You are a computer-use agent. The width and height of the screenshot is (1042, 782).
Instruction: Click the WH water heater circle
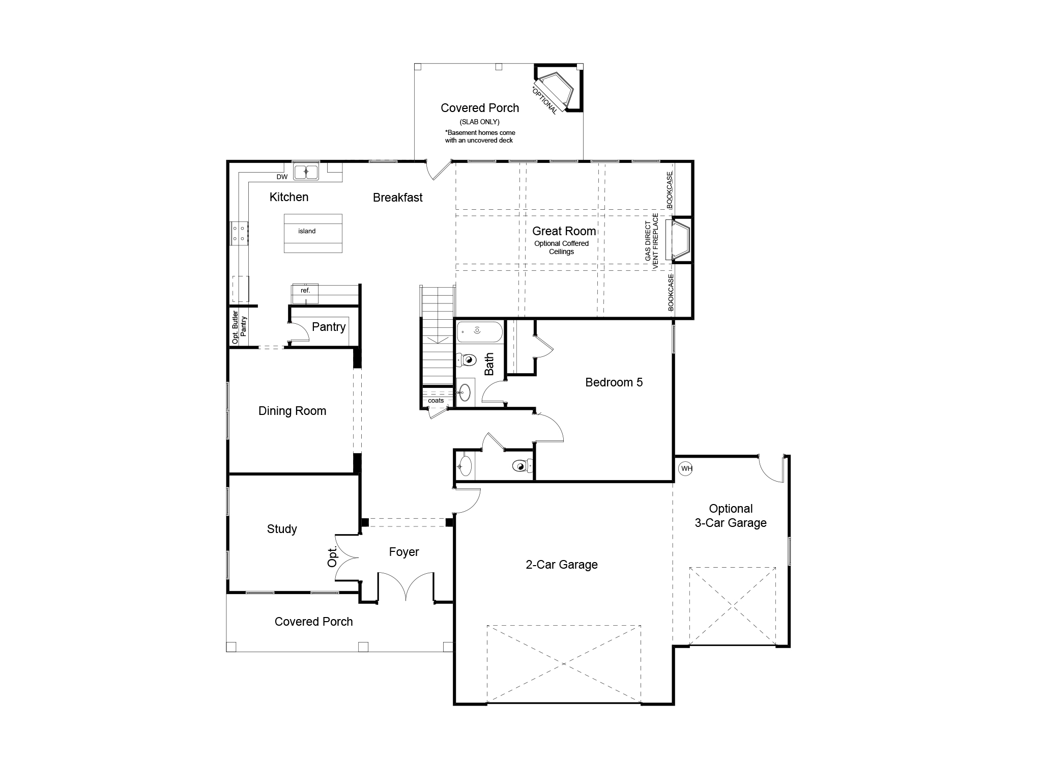pyautogui.click(x=686, y=468)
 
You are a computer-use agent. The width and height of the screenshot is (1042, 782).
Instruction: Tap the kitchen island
pyautogui.click(x=313, y=233)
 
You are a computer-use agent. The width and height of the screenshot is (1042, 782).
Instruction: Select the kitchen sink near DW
pyautogui.click(x=306, y=172)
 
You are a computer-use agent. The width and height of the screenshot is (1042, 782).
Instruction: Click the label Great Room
pyautogui.click(x=564, y=231)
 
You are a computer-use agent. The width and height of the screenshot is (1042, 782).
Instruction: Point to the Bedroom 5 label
pyautogui.click(x=614, y=382)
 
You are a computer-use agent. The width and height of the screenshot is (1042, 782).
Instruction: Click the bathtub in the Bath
pyautogui.click(x=479, y=331)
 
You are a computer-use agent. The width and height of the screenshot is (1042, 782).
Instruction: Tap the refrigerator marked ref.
pyautogui.click(x=305, y=294)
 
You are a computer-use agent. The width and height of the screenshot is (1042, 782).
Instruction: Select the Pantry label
pyautogui.click(x=329, y=327)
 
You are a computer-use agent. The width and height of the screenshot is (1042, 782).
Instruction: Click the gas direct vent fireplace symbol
pyautogui.click(x=680, y=240)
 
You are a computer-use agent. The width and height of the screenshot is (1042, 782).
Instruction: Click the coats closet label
pyautogui.click(x=436, y=401)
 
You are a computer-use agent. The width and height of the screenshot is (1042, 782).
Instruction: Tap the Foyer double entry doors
pyautogui.click(x=406, y=585)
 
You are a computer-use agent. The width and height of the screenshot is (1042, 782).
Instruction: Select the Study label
pyautogui.click(x=282, y=529)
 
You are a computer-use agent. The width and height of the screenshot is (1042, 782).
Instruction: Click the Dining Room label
pyautogui.click(x=292, y=411)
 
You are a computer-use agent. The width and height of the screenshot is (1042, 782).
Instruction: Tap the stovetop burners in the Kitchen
pyautogui.click(x=239, y=234)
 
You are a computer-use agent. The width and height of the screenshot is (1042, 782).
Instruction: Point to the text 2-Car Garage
pyautogui.click(x=561, y=565)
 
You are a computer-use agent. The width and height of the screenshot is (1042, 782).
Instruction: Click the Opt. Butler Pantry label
pyautogui.click(x=239, y=326)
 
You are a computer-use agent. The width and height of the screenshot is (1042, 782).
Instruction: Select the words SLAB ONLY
pyautogui.click(x=479, y=122)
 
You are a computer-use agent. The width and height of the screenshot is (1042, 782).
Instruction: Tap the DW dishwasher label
pyautogui.click(x=282, y=177)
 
